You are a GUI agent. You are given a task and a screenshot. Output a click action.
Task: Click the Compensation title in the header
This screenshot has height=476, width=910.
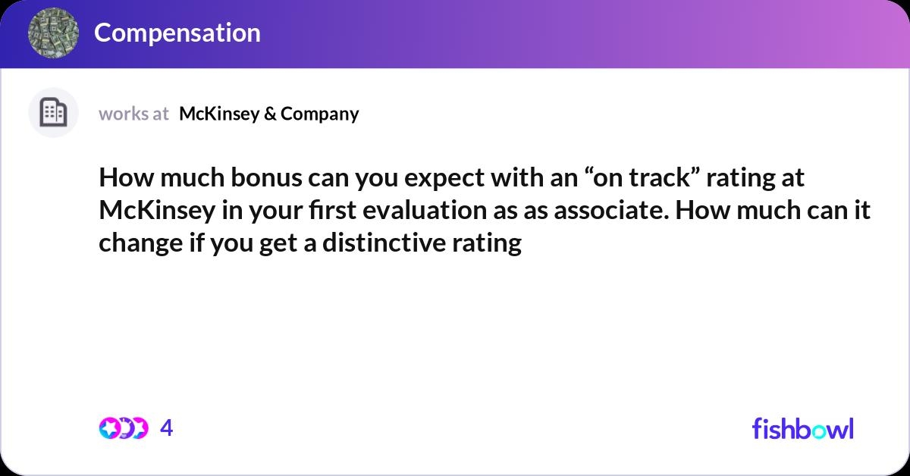pos(177,33)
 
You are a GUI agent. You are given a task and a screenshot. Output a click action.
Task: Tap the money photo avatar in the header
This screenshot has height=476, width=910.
pos(53,33)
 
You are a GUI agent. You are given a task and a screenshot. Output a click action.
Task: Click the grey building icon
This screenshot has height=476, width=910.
pos(53,113)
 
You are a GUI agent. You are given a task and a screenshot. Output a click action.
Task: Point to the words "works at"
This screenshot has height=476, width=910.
pos(133,114)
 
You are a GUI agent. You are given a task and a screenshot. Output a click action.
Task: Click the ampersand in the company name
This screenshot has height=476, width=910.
pos(271,114)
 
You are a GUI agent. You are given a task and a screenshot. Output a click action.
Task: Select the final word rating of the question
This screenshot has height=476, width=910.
pos(491,244)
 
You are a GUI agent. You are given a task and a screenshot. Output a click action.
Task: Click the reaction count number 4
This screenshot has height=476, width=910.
pos(167,428)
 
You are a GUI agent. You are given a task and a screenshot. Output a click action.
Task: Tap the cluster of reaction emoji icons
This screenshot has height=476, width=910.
pos(124,428)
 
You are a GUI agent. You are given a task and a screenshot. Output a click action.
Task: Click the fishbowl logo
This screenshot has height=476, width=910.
pos(802,428)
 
